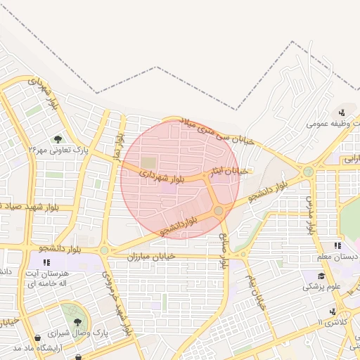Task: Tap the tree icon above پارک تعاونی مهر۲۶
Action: tap(57, 139)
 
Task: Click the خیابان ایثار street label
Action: tap(231, 171)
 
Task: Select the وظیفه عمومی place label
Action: tap(331, 123)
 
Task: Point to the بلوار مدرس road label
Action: tap(310, 214)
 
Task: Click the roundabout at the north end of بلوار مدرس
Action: tap(308, 171)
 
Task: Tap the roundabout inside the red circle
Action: tap(219, 210)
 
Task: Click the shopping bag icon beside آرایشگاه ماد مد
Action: tap(77, 358)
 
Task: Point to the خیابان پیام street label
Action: tap(254, 290)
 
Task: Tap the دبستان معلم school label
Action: tap(338, 257)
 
